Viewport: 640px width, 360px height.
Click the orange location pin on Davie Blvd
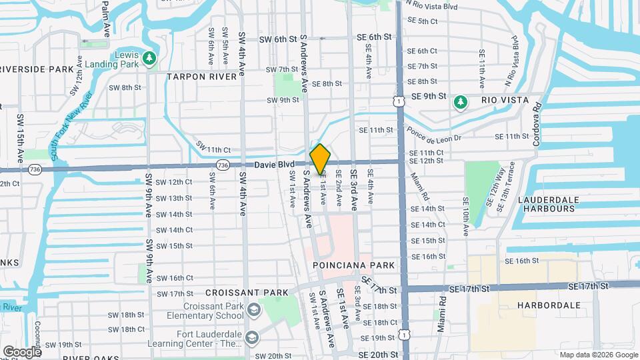tap(320, 159)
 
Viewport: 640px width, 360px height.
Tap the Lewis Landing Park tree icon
tap(149, 59)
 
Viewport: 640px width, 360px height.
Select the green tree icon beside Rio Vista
tap(459, 101)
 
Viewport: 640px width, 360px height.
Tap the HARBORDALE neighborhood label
tap(549, 305)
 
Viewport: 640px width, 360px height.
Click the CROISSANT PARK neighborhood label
tap(247, 293)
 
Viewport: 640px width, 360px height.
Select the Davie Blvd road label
tap(273, 164)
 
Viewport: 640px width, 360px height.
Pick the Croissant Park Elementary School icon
tap(253, 310)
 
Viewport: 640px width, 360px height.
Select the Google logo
tap(21, 351)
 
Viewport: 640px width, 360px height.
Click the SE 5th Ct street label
tap(423, 21)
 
